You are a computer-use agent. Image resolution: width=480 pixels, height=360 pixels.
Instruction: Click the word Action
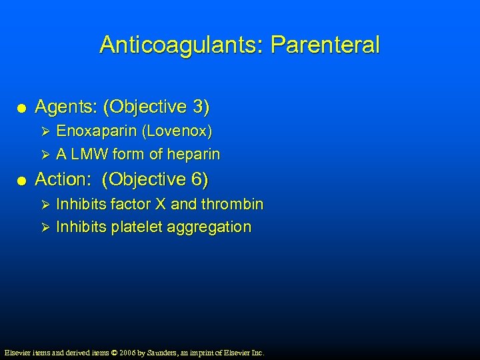click(x=62, y=179)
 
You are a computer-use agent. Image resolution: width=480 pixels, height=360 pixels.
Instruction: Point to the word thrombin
click(x=232, y=203)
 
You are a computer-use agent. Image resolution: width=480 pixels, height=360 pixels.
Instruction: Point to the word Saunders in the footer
click(x=166, y=352)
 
